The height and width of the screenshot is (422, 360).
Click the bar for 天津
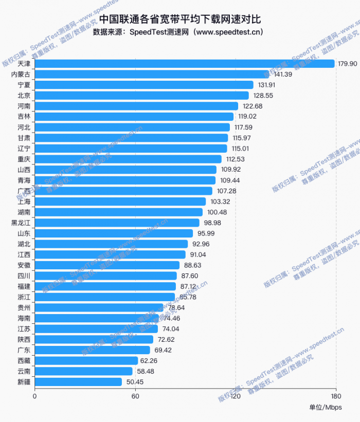185,64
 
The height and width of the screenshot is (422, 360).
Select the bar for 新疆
78,382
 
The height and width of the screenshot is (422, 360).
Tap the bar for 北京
141,96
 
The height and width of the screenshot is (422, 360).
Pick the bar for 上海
120,201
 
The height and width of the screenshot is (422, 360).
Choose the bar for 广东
93,350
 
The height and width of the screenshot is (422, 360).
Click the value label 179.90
347,64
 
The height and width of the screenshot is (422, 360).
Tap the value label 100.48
217,212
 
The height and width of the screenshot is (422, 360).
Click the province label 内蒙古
21,75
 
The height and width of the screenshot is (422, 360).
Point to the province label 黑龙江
21,223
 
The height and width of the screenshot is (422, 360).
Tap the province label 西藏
24,361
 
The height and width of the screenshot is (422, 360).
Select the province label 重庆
24,159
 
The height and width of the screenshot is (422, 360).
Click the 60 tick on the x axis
135,396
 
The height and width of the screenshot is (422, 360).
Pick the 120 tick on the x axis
236,396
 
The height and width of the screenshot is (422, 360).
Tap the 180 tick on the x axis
335,396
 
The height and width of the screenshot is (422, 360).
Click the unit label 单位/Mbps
326,408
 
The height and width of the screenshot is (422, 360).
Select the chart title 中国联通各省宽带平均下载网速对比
180,19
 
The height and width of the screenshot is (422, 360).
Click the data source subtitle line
178,32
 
